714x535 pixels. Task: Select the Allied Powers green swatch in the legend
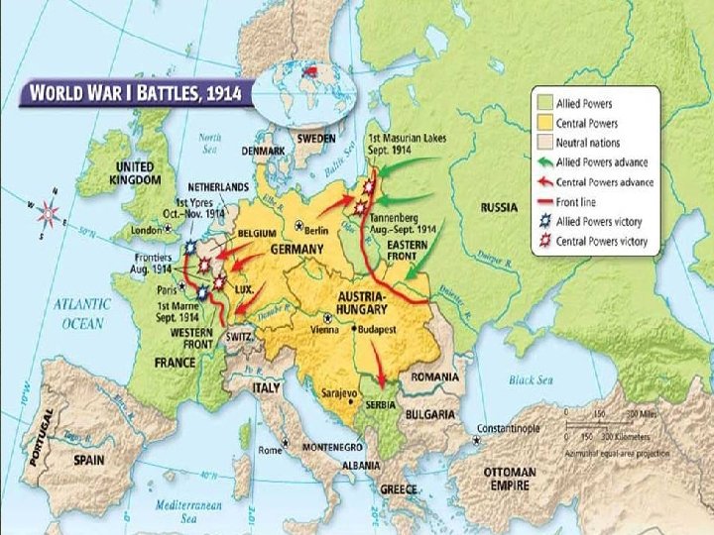click(544, 101)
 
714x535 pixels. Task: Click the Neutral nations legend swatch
click(544, 142)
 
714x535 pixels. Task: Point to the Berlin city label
click(316, 230)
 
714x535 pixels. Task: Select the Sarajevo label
click(337, 393)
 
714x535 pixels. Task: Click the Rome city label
click(271, 451)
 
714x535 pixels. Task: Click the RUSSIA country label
click(499, 208)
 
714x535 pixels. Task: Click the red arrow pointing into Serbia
click(378, 369)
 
